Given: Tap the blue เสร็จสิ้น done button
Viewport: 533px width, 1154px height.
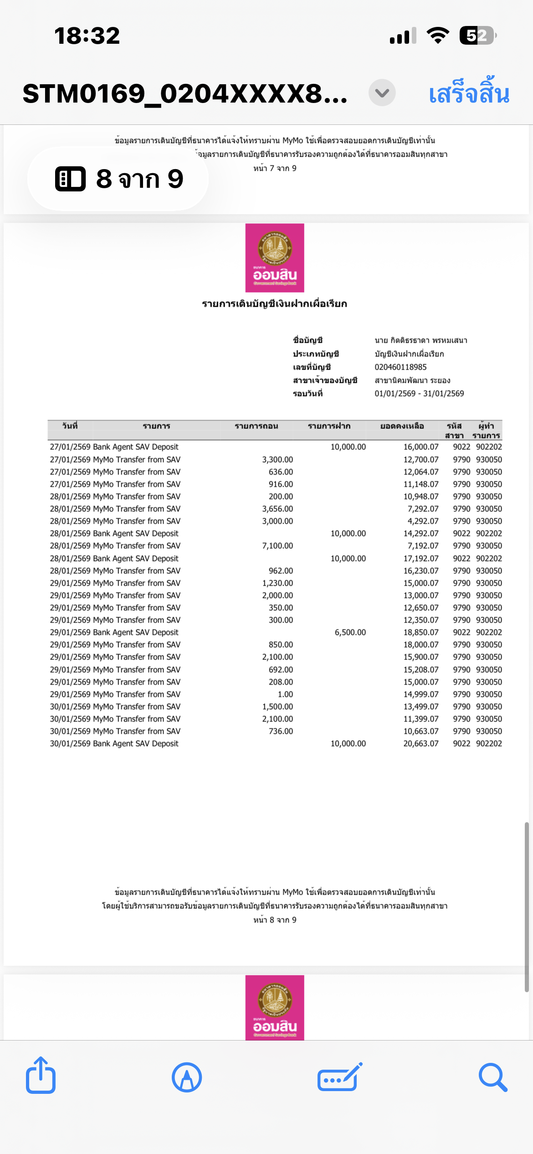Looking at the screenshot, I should [469, 93].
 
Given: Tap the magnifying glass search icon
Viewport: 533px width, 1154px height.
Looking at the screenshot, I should [493, 1077].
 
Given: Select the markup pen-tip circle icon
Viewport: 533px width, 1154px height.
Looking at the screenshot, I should [187, 1077].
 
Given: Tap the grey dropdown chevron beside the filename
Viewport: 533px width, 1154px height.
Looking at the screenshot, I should [382, 93].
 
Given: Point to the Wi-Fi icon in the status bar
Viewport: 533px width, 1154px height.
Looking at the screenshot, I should [438, 36].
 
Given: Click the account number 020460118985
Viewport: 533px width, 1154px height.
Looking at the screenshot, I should [400, 367].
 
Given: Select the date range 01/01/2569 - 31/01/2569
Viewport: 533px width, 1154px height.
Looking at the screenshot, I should [419, 393].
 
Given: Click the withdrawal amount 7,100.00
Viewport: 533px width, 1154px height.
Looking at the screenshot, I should [277, 546].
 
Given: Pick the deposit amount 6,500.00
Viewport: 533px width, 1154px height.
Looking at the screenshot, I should [350, 632].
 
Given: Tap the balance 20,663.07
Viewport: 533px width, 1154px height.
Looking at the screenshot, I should [420, 743].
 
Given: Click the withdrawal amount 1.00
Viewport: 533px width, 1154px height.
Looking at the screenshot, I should [285, 694].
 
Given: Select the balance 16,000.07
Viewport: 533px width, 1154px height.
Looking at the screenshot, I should [420, 447].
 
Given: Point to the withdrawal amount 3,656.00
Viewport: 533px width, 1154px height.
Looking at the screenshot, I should [277, 509].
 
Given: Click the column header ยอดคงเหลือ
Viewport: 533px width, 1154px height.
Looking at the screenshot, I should [402, 426].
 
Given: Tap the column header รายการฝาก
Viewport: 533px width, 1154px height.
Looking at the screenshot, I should [329, 426].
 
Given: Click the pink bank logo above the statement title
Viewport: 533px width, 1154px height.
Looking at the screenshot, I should [275, 258].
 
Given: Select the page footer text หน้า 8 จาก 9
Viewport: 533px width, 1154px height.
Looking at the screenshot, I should [275, 920].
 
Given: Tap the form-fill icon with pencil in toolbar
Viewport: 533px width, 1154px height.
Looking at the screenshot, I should [340, 1077].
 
